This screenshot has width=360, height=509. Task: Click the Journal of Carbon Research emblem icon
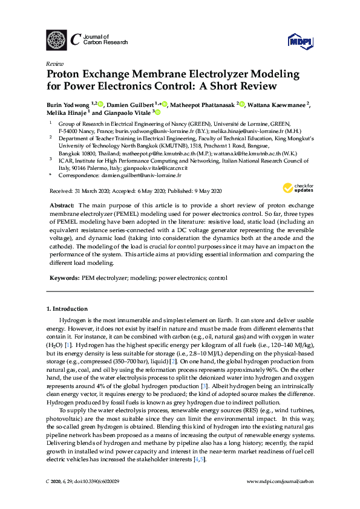pos(56,40)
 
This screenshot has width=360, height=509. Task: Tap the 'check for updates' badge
pos(297,188)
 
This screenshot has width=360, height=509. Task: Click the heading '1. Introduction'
pos(67,309)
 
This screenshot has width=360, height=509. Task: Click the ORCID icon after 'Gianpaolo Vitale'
pos(157,112)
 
